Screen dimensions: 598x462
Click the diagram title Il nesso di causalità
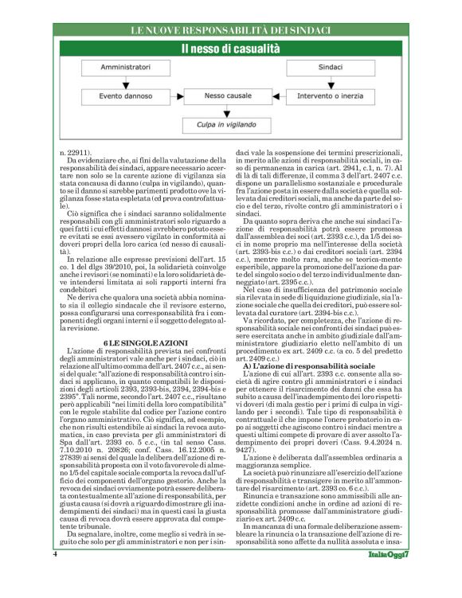click(x=230, y=49)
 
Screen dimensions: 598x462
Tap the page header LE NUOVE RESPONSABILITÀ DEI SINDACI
click(x=230, y=30)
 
